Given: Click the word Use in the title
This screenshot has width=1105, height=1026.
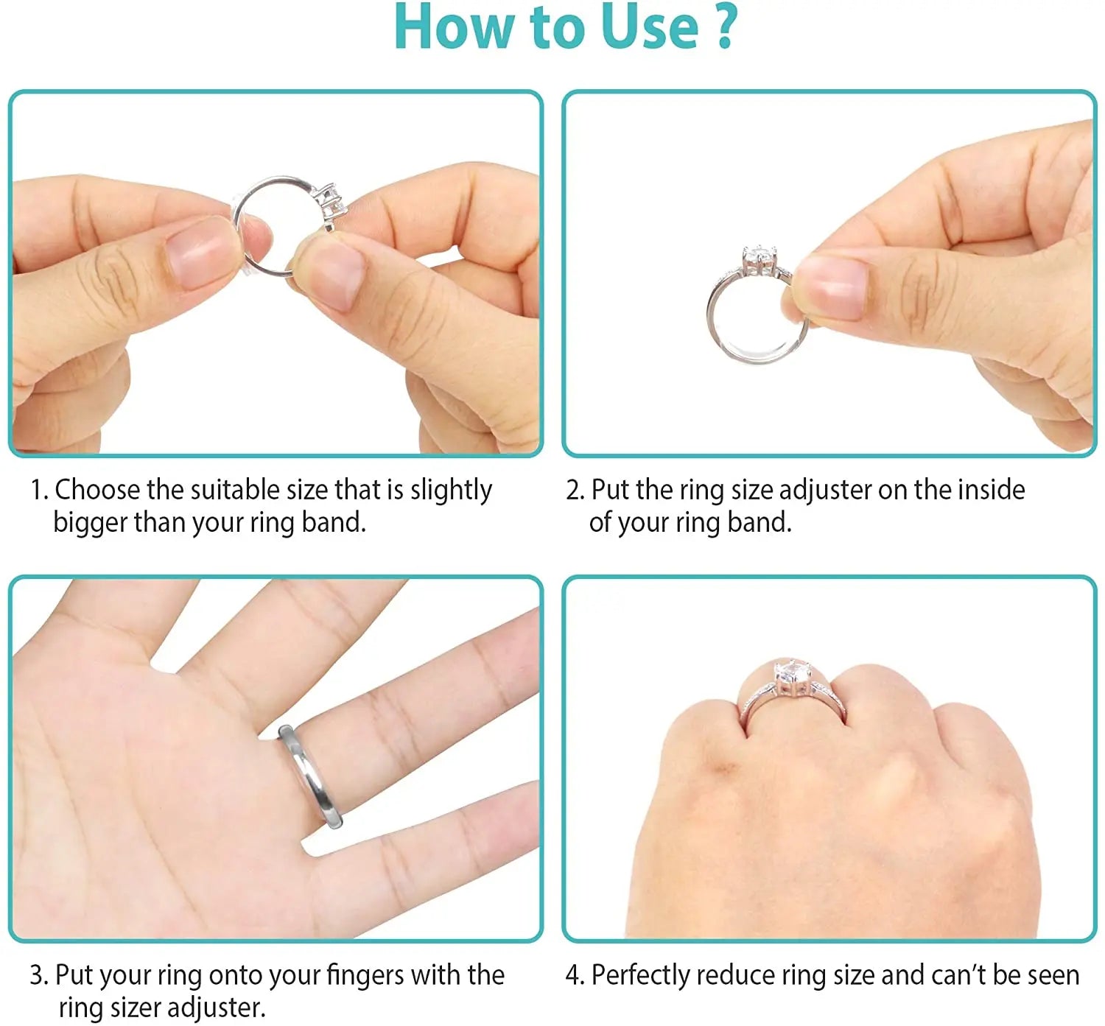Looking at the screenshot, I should point(649,27).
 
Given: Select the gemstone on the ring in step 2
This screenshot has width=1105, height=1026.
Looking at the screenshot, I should point(760,258).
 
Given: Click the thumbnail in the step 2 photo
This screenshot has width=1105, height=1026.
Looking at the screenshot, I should point(832,287).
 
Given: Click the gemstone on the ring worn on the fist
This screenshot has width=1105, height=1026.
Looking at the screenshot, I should point(792,675).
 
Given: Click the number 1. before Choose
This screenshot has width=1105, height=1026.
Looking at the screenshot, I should point(39,490).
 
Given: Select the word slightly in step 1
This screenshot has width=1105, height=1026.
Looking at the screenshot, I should point(451,490).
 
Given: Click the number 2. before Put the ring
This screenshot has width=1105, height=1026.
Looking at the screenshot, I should point(575,490).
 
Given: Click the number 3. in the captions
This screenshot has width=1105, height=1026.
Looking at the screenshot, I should point(39,975).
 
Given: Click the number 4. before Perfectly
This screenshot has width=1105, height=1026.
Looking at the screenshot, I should point(575,975).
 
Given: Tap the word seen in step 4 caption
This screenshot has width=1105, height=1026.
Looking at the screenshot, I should point(1053,975).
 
